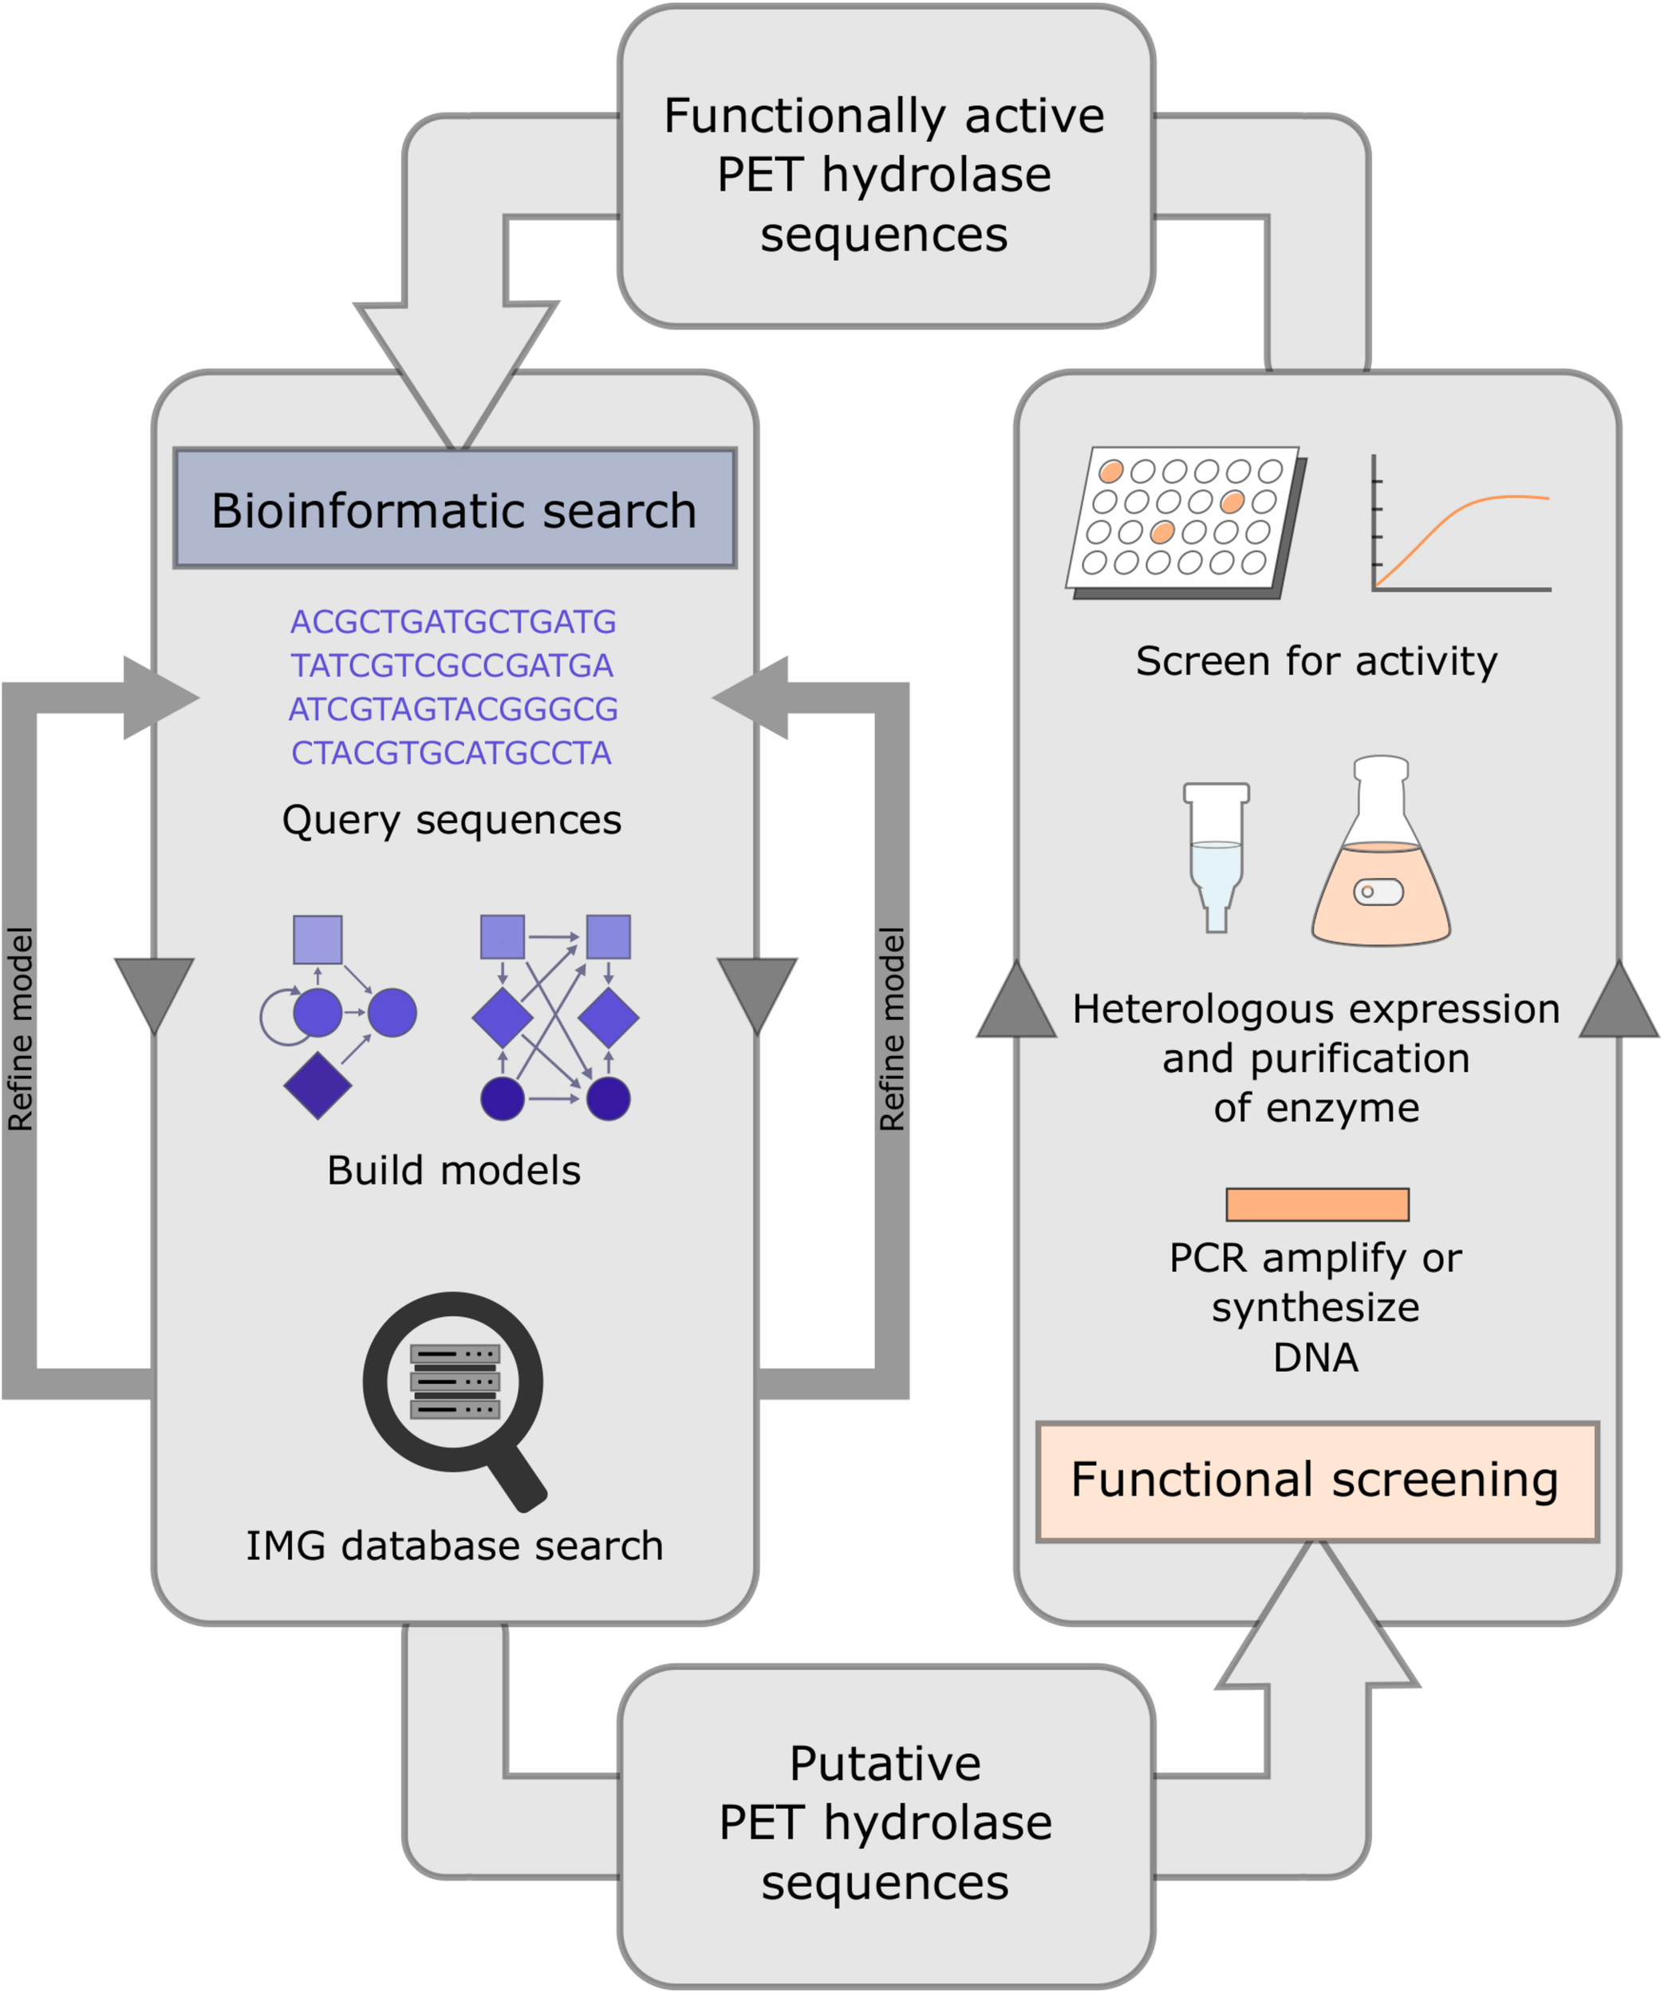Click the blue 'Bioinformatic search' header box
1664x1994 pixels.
tap(454, 509)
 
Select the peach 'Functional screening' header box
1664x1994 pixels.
tap(1316, 1480)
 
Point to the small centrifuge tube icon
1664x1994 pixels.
tap(1216, 854)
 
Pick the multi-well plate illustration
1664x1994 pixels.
tap(1185, 520)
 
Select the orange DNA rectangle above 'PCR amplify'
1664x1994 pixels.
tap(1316, 1204)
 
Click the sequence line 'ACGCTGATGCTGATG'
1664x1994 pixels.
tap(453, 622)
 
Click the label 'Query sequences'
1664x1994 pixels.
tap(451, 819)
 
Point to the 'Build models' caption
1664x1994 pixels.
tap(454, 1171)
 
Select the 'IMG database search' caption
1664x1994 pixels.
tap(454, 1546)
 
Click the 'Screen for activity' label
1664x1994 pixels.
tap(1316, 661)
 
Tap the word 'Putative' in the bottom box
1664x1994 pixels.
tap(885, 1763)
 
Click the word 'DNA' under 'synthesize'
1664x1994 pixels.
tap(1315, 1357)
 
